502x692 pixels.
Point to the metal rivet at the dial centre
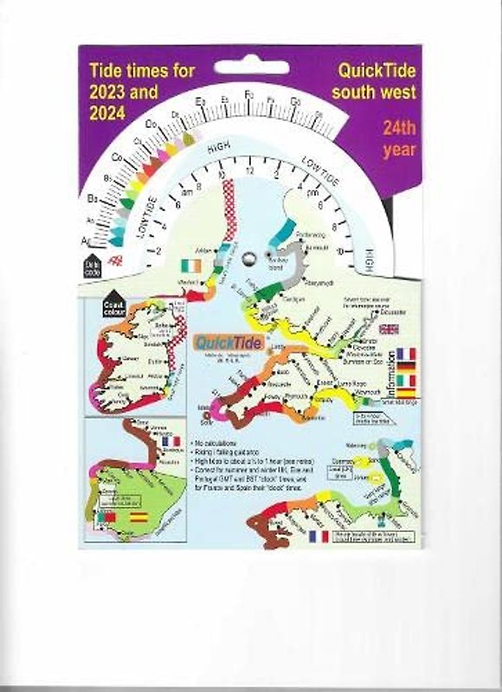coord(250,256)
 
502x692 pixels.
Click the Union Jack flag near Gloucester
coord(389,329)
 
